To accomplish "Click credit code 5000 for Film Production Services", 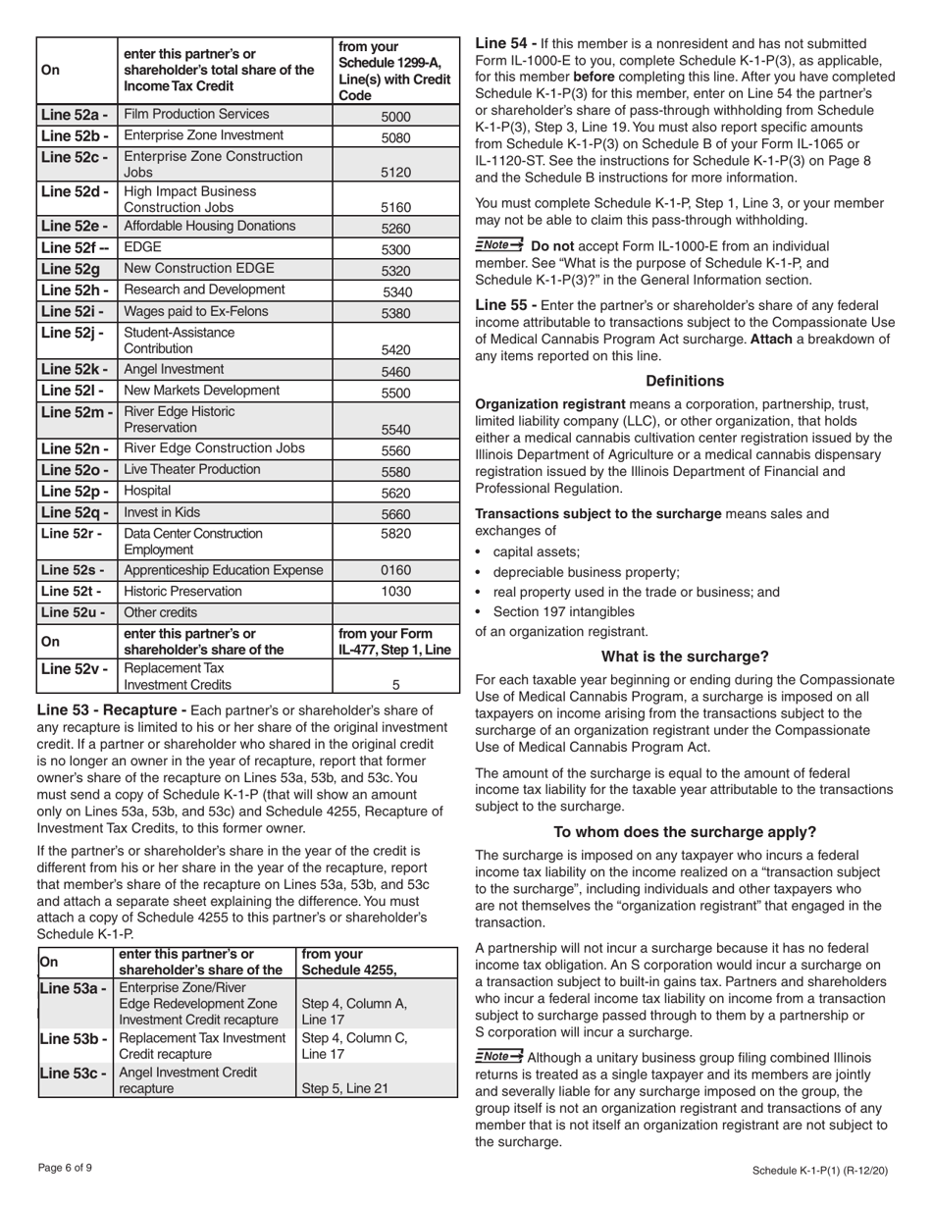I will [x=396, y=117].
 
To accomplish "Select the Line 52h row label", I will [x=76, y=290].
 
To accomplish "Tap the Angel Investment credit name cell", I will [x=174, y=370].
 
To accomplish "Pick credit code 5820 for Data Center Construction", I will [x=396, y=534].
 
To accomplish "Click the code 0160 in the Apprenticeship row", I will [x=396, y=570].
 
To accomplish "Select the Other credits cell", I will [x=161, y=612].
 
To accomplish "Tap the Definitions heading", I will [x=684, y=381].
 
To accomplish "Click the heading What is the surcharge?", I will [x=684, y=656].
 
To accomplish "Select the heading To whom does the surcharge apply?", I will [x=684, y=832].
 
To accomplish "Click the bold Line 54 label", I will [x=505, y=43].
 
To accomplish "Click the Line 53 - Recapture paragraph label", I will [x=111, y=710].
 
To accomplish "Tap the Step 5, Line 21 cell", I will [x=345, y=1088].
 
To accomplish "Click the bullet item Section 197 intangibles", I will [x=564, y=611].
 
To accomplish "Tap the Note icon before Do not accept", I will [x=498, y=245].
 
